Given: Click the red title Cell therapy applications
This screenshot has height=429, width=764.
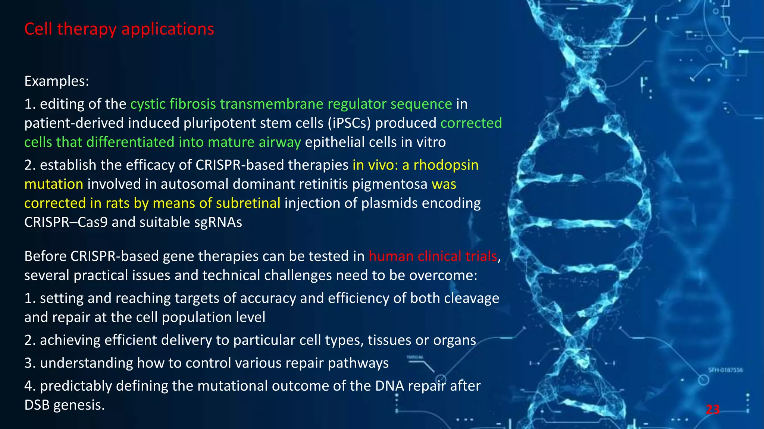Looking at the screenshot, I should (119, 29).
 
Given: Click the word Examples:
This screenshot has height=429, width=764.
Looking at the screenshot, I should (57, 81).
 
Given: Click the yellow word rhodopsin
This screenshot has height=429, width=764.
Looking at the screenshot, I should (446, 165).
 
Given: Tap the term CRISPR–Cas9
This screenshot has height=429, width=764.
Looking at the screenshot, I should (66, 222).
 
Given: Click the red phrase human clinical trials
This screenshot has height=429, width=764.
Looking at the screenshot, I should (433, 256).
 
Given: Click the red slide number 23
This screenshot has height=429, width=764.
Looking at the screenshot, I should (713, 410).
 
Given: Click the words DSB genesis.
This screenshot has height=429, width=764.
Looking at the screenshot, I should (64, 405).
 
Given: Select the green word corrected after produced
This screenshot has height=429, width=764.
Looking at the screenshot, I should (471, 123).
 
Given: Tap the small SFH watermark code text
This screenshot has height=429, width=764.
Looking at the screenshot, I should (726, 370).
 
